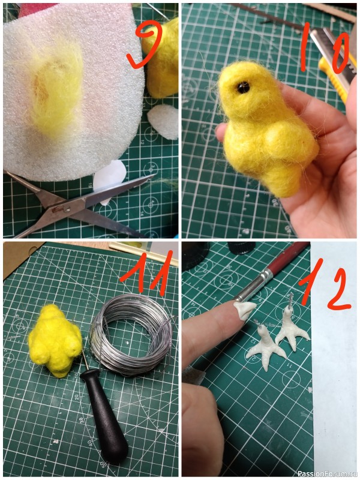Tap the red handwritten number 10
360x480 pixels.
325,49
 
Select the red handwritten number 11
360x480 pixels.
147,272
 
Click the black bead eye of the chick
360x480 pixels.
243,88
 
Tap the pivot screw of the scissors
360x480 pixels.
66,209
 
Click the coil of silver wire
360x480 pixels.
131,334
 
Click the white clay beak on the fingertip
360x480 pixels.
245,309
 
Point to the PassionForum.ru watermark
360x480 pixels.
328,473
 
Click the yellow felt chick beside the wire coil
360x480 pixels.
55,340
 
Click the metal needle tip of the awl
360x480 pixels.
85,360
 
